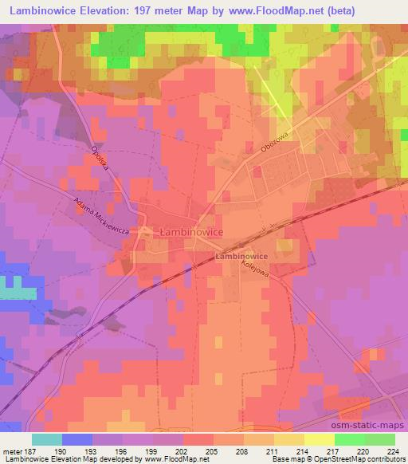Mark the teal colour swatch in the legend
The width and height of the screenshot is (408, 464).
click(47, 439)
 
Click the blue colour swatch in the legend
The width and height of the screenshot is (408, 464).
click(77, 439)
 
